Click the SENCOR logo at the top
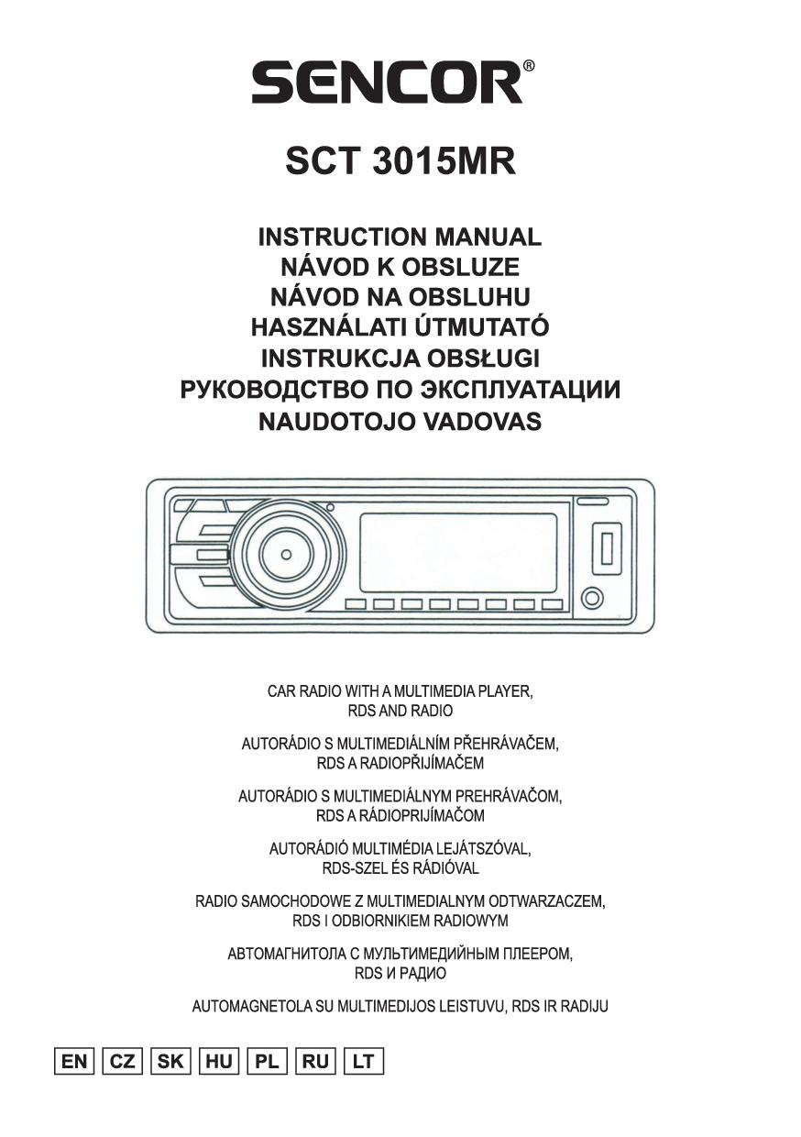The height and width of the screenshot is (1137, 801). pyautogui.click(x=387, y=82)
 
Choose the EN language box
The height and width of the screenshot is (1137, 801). pyautogui.click(x=73, y=1061)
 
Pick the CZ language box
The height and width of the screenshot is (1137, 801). pyautogui.click(x=122, y=1061)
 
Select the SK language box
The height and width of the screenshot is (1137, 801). pyautogui.click(x=170, y=1061)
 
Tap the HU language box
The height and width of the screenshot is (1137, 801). pyautogui.click(x=219, y=1061)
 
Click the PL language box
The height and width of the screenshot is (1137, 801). pyautogui.click(x=267, y=1061)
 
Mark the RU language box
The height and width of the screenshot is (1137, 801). pyautogui.click(x=315, y=1061)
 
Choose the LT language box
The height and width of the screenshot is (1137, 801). pyautogui.click(x=363, y=1061)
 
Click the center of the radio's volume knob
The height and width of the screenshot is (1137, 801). pyautogui.click(x=287, y=555)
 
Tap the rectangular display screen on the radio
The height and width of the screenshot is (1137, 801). pyautogui.click(x=458, y=552)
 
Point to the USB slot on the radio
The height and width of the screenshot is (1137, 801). pyautogui.click(x=606, y=546)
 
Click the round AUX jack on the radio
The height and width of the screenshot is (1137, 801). pyautogui.click(x=593, y=600)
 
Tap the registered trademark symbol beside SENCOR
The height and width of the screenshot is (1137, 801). pyautogui.click(x=529, y=66)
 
